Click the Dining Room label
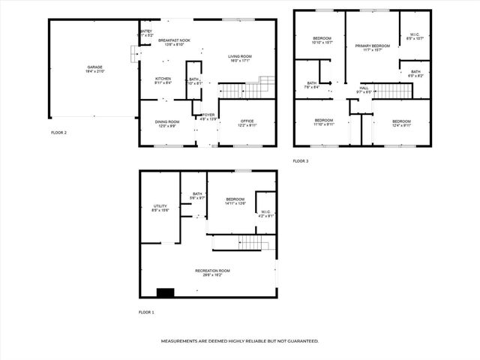click(166, 124)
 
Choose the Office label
click(247, 124)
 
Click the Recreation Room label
click(212, 272)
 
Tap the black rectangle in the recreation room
click(165, 292)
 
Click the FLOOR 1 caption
click(146, 312)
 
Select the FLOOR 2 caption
click(59, 133)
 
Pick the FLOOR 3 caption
click(300, 161)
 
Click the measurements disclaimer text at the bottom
click(240, 340)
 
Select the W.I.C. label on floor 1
click(265, 214)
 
